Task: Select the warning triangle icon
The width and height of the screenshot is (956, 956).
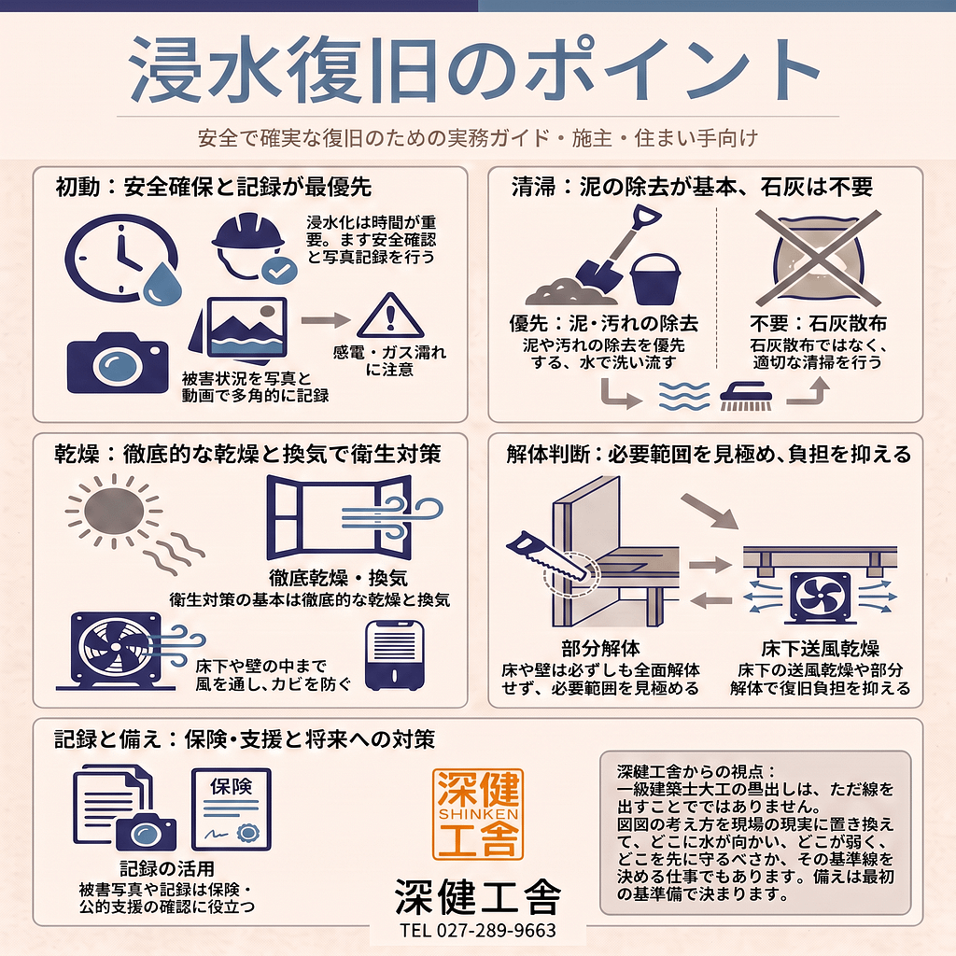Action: click(390, 316)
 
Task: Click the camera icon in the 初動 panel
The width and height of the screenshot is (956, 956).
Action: click(118, 363)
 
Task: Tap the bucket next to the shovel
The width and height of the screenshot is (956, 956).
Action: click(655, 279)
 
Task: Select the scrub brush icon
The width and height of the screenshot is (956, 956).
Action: click(746, 395)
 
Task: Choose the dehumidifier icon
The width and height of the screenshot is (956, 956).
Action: click(395, 655)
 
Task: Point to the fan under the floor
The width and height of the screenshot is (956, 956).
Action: click(820, 598)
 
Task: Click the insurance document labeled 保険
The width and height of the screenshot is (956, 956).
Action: click(232, 809)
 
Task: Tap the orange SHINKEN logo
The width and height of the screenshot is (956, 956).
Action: click(478, 814)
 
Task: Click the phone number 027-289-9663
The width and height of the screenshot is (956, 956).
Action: click(497, 931)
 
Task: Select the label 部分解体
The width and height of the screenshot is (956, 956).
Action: click(600, 648)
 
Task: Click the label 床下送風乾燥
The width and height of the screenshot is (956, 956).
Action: click(820, 648)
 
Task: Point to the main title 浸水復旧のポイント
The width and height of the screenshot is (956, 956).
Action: click(474, 69)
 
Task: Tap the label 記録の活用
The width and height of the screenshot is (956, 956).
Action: click(167, 868)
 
